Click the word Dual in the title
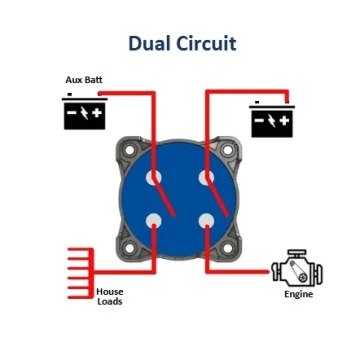(x=149, y=43)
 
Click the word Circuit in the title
(x=206, y=43)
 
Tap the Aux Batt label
(x=84, y=80)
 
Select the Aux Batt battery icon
(x=85, y=111)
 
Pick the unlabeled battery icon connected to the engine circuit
(x=272, y=119)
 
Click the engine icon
(x=297, y=268)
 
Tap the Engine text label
(x=299, y=294)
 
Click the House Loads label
(x=110, y=297)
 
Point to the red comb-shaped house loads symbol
(x=81, y=273)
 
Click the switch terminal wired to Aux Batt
(x=154, y=177)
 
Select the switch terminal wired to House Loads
(x=154, y=221)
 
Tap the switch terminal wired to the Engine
(x=206, y=221)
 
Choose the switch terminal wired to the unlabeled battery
(x=206, y=177)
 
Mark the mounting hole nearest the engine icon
(x=228, y=248)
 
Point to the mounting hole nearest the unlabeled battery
(x=228, y=150)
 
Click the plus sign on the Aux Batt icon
(x=97, y=113)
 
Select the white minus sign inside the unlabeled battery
(x=259, y=120)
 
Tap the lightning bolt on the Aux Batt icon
(x=85, y=113)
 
